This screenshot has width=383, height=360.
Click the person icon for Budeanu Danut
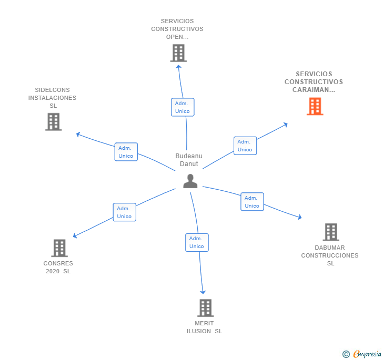click(190, 181)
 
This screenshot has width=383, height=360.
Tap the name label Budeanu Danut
click(188, 160)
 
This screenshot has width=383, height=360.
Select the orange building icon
click(315, 107)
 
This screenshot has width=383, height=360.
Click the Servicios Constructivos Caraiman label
click(314, 82)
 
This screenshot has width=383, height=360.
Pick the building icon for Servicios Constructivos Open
click(178, 53)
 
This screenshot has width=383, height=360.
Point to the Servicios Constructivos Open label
click(177, 29)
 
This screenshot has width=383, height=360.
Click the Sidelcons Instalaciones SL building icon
click(53, 122)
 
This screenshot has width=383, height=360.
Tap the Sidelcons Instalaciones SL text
click(52, 98)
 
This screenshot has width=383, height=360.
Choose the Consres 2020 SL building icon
click(59, 248)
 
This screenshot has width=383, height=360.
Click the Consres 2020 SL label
click(58, 268)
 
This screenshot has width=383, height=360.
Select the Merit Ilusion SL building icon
click(205, 308)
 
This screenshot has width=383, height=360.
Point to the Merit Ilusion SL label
click(204, 327)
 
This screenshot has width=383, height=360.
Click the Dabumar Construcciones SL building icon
click(330, 232)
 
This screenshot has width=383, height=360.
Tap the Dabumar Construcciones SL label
click(330, 255)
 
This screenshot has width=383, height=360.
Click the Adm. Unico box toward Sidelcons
click(126, 152)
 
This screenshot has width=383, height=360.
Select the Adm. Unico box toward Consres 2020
click(125, 212)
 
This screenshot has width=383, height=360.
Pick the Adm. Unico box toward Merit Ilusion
click(197, 242)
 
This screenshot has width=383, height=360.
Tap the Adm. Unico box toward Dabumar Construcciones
click(252, 202)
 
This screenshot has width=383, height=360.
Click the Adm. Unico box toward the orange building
click(245, 146)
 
